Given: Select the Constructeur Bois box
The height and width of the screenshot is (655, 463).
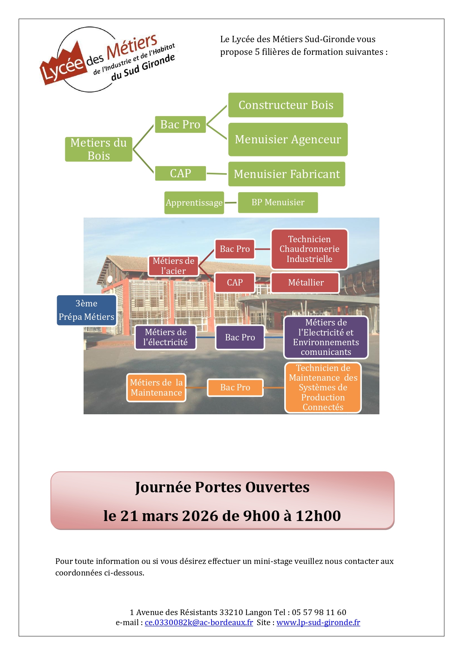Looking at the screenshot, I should [x=286, y=105].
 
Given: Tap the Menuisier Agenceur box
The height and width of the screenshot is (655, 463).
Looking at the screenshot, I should [x=288, y=139].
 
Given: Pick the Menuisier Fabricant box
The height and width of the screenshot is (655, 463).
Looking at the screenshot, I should [x=287, y=174].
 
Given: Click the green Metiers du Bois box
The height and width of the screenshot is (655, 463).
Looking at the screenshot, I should [x=98, y=149].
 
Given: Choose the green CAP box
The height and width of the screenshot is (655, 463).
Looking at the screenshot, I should [x=180, y=173].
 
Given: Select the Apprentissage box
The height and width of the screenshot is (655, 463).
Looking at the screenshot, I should [x=194, y=203].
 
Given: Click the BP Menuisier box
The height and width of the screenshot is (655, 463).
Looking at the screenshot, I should [x=278, y=202].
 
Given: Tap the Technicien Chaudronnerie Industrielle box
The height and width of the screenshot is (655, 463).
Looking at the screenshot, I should [x=309, y=249].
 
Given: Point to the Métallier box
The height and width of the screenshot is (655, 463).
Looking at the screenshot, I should [x=306, y=283].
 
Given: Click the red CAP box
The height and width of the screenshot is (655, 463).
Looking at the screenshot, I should [x=235, y=283].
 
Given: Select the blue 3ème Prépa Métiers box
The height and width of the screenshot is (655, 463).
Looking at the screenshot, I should [x=86, y=310].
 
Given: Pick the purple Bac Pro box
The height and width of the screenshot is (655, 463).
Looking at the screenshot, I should [x=240, y=337].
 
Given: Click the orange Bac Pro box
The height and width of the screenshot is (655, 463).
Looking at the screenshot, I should [x=235, y=387].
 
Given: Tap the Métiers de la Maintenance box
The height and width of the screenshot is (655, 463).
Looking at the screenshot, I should [x=156, y=387].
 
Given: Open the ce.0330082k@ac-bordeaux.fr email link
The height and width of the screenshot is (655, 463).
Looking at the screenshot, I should [x=199, y=622].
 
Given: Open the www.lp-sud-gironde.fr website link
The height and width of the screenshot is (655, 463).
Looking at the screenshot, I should [x=318, y=622].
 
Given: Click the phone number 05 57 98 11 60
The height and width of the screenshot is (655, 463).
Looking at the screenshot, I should [x=319, y=612].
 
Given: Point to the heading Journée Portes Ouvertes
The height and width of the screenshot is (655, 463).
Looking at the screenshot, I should [x=222, y=487].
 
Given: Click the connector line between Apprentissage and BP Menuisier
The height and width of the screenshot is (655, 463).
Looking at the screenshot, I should [x=231, y=203].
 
